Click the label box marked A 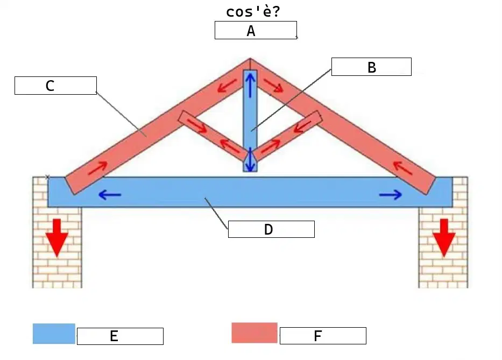point(256,30)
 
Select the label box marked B point(371,67)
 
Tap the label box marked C point(56,86)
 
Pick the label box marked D point(271,229)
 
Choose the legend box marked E point(121,336)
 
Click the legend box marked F point(323,336)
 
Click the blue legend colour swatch point(54,334)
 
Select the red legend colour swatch point(254,333)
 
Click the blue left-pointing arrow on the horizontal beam point(110,194)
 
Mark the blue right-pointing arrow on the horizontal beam point(391,194)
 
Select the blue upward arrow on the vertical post point(250,84)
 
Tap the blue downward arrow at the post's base point(250,159)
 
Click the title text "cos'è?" point(253,12)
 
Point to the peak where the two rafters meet point(250,58)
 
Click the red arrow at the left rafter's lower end point(97,168)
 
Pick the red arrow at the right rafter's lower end point(402,168)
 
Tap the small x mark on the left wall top point(47,177)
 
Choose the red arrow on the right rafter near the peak point(274,85)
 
